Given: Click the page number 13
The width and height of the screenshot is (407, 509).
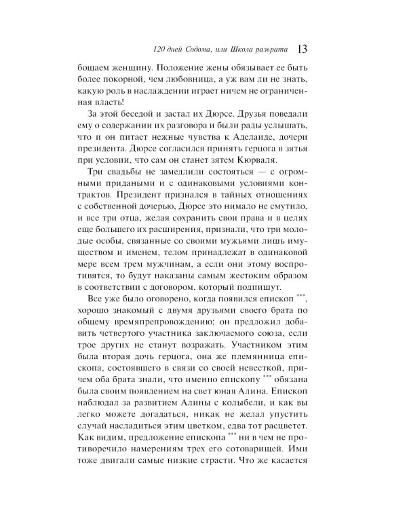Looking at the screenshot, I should (303, 50).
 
